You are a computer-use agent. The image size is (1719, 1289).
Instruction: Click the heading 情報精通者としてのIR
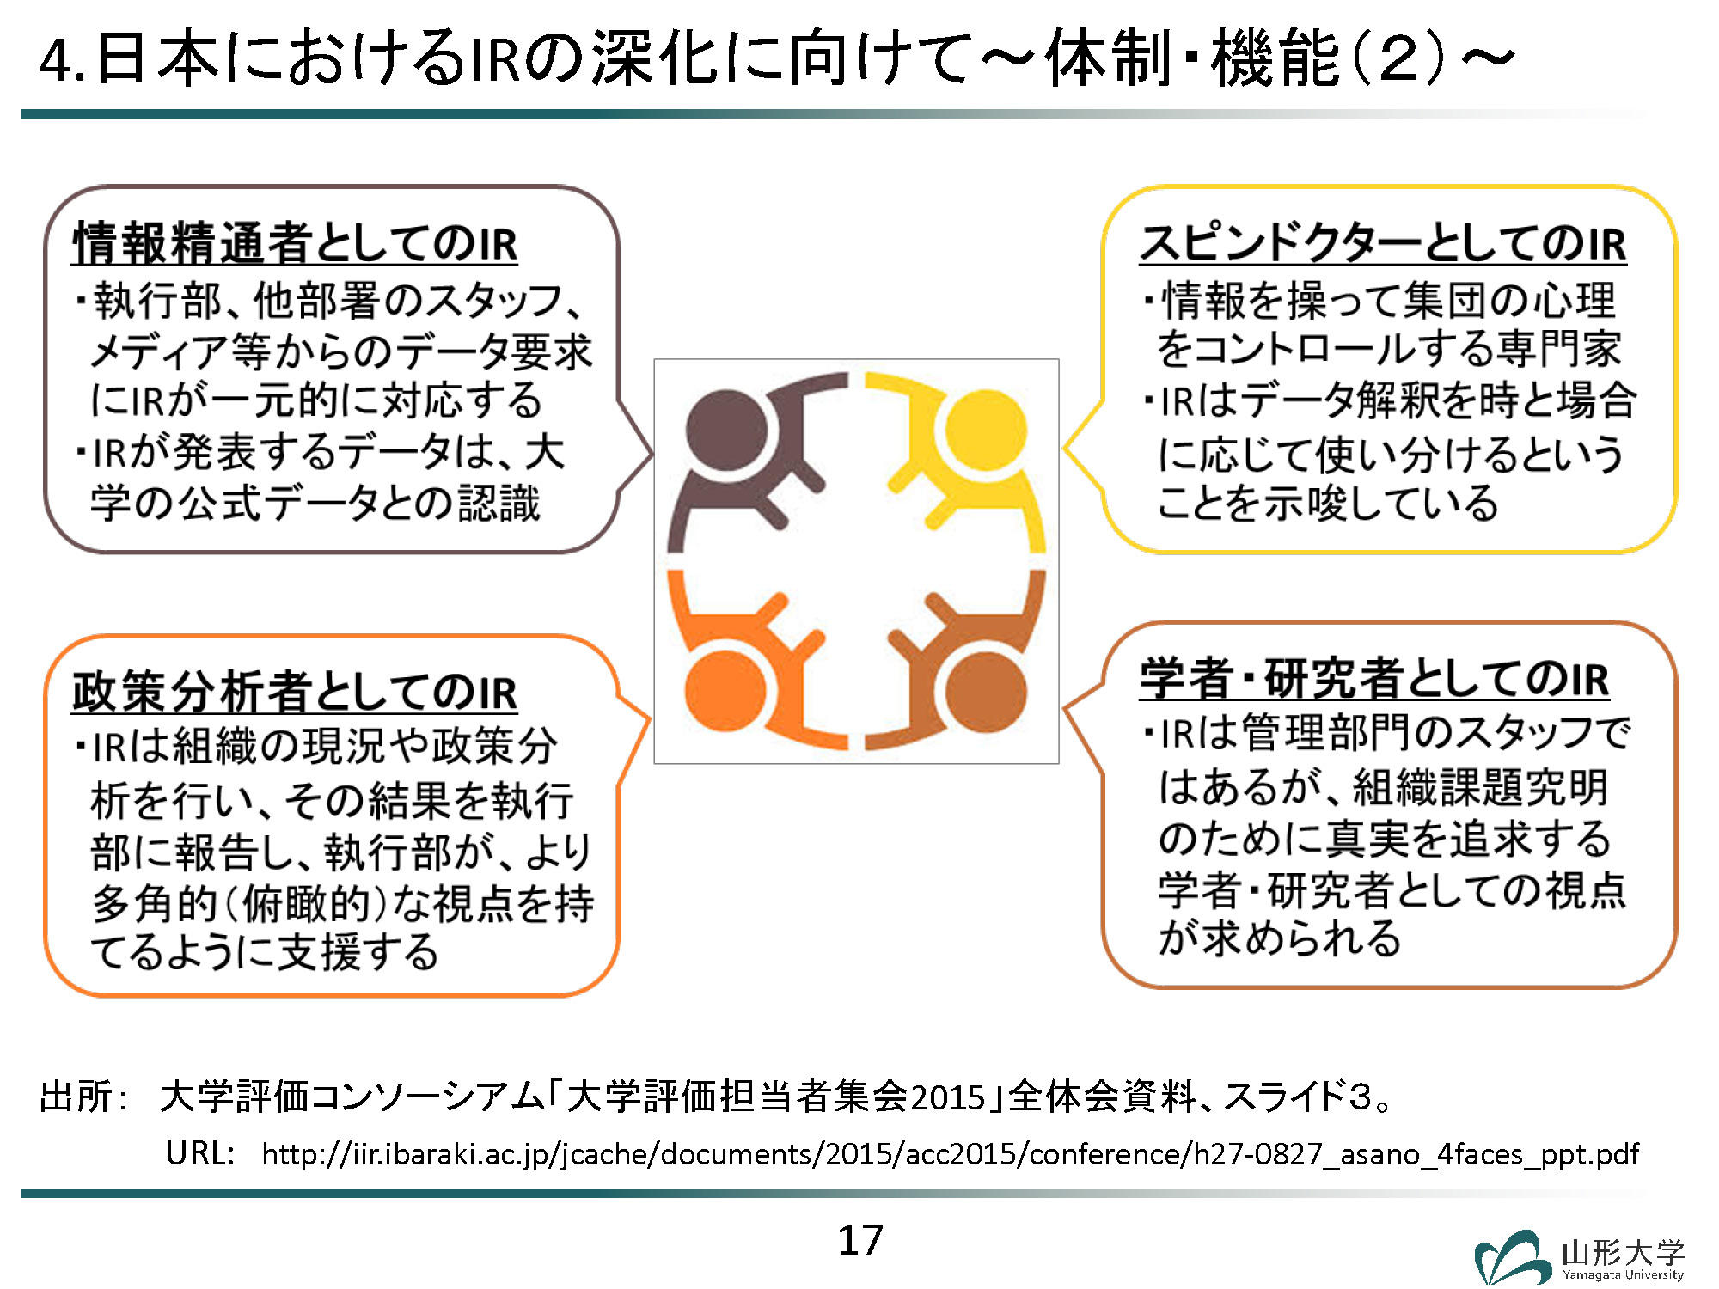coord(295,243)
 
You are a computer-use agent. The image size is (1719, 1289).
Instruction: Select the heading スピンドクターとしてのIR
coord(1383,243)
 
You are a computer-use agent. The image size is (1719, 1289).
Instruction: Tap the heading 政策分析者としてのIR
coord(295,692)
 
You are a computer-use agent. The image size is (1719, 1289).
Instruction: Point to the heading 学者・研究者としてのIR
coord(1374,678)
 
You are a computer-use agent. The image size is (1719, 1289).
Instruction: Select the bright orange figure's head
coord(726,692)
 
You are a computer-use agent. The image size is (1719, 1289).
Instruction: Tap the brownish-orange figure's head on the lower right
coord(986,692)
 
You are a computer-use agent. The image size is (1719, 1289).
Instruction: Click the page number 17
coord(860,1240)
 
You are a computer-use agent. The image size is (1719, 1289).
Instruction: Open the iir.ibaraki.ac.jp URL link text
coord(951,1153)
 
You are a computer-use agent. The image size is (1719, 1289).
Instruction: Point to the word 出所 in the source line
coord(76,1097)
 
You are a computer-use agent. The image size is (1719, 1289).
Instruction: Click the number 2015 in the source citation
coord(947,1097)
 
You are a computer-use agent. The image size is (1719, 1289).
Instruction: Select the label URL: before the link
coord(200,1153)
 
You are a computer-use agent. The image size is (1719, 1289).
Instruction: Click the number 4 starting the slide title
coord(55,60)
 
